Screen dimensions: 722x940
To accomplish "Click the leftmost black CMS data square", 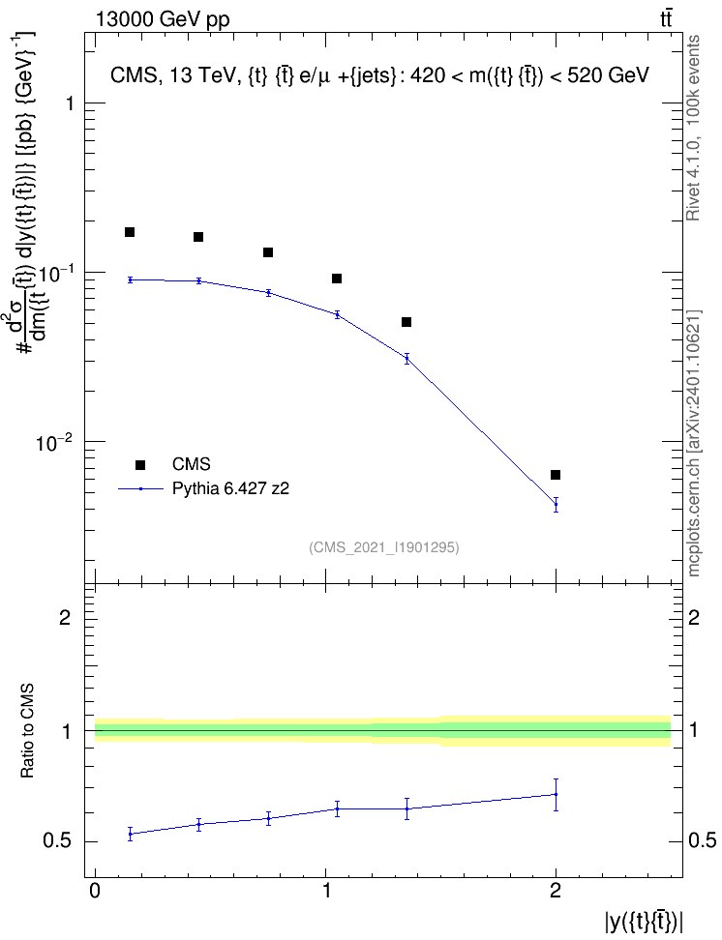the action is click(130, 232).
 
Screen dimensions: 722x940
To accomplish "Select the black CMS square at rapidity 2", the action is click(556, 475).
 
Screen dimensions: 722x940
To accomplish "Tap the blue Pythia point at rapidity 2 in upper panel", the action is click(556, 504).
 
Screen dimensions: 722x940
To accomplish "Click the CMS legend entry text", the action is click(191, 464).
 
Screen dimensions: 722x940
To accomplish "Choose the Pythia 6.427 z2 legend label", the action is click(230, 488).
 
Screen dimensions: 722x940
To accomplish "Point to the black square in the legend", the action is click(140, 464).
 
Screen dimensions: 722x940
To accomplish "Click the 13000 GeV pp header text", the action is click(163, 19).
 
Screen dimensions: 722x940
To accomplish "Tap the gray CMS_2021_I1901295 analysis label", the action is click(384, 547).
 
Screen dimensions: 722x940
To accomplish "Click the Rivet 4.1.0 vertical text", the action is click(693, 128).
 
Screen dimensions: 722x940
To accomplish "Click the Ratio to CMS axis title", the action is click(27, 731).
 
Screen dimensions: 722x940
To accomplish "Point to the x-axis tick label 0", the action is click(95, 891).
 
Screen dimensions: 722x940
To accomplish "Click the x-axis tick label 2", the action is click(556, 891).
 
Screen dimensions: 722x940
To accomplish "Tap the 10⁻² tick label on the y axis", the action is click(54, 442).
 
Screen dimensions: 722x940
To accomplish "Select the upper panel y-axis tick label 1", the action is click(70, 103).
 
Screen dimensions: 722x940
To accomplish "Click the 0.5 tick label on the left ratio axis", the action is click(58, 841).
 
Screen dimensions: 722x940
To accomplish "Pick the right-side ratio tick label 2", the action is click(694, 617).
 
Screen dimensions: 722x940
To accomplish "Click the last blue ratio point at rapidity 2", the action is click(556, 794).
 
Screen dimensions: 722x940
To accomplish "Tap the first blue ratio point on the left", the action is click(130, 834).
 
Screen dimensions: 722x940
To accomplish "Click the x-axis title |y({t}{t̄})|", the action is click(644, 922).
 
